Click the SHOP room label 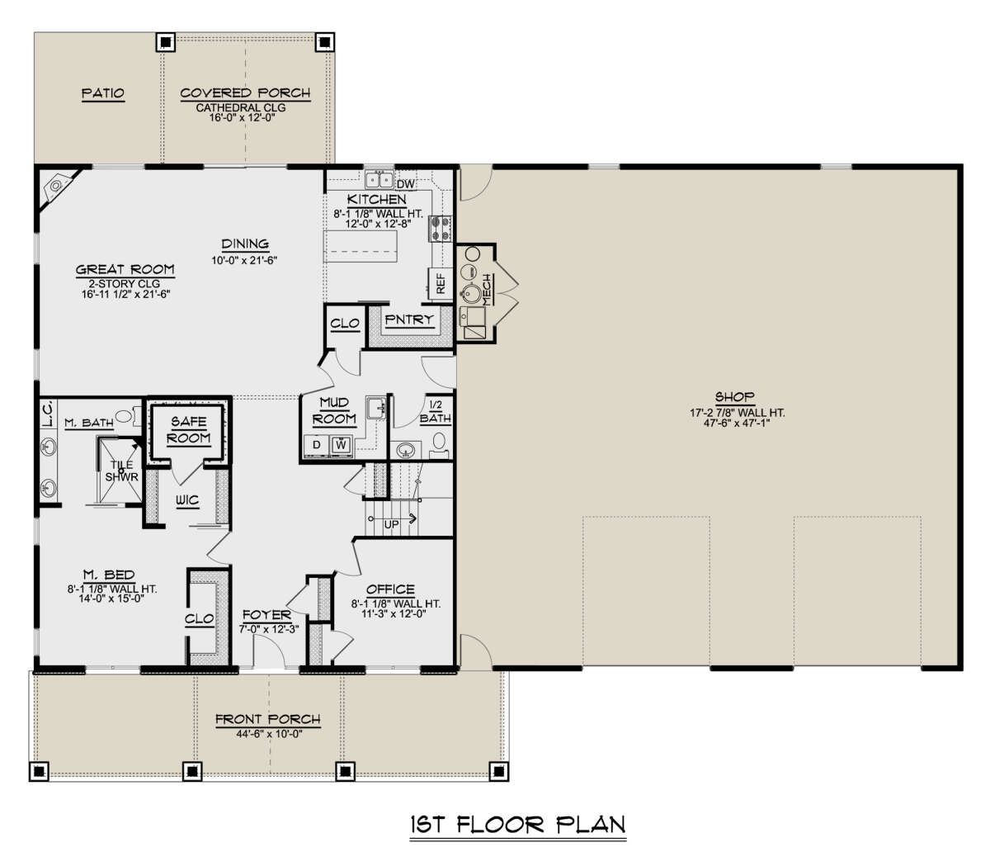(x=734, y=397)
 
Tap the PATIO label (x=102, y=92)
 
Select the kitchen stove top (x=441, y=229)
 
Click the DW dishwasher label (x=405, y=184)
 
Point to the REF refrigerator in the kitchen (x=441, y=283)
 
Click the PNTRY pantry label (x=409, y=319)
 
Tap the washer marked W (x=341, y=444)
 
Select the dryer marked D (x=317, y=444)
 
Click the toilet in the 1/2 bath (x=438, y=445)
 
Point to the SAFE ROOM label (x=189, y=430)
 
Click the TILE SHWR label (x=121, y=471)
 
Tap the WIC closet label (x=186, y=500)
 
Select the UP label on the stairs (x=391, y=525)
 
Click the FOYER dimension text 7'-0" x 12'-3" (x=269, y=629)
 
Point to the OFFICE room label (x=390, y=589)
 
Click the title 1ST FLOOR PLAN (x=518, y=824)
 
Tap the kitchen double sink (x=379, y=179)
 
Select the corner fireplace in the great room (x=59, y=187)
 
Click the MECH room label (x=487, y=290)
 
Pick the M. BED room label (x=109, y=575)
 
